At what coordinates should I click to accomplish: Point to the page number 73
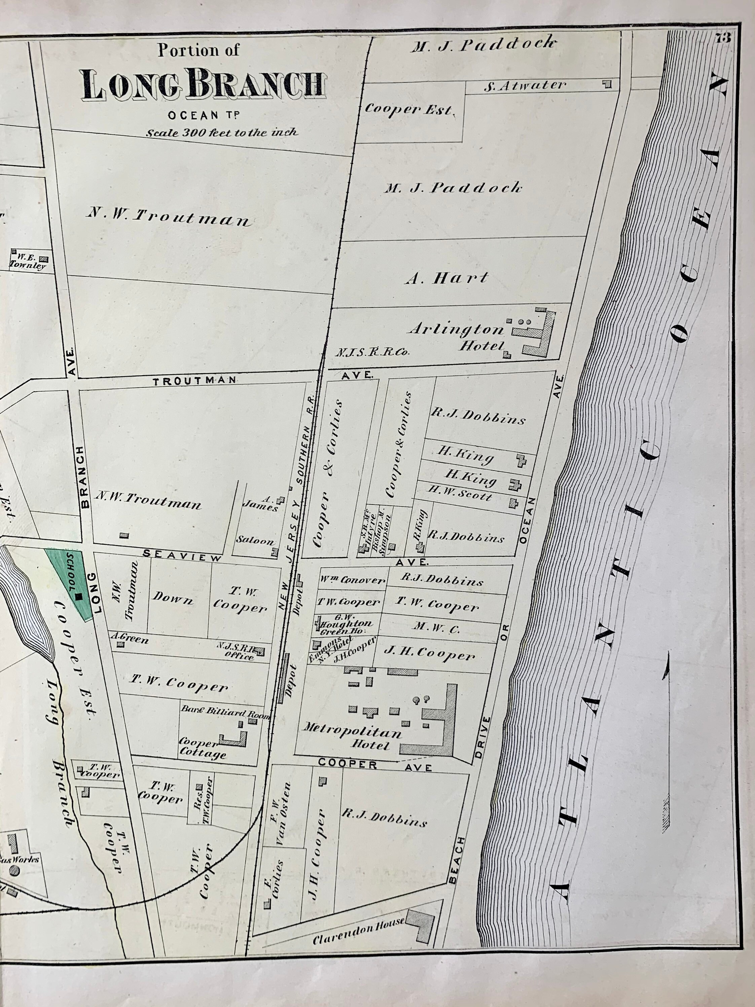pyautogui.click(x=723, y=38)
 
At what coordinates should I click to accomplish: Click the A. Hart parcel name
pyautogui.click(x=446, y=278)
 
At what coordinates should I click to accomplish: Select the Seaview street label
pyautogui.click(x=182, y=555)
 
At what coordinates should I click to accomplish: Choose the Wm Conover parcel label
pyautogui.click(x=352, y=581)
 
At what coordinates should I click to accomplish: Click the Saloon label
pyautogui.click(x=255, y=541)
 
